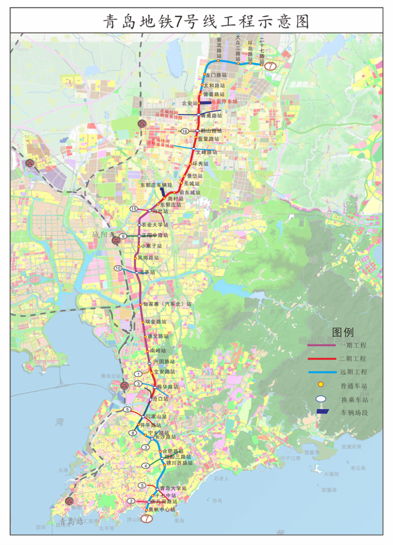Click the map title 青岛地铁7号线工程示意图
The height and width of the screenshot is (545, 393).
coord(206,21)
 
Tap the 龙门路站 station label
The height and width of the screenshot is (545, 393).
coord(216,75)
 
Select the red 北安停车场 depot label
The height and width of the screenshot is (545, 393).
coord(224,101)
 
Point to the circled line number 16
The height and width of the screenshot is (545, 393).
coord(185,131)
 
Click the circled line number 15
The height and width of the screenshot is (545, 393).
coord(134,209)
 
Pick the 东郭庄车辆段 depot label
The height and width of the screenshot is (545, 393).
coord(156,185)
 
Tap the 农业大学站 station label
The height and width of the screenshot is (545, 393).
coord(155,225)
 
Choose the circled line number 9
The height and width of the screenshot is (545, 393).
coord(123,236)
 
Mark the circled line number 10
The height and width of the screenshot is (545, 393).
coord(118,268)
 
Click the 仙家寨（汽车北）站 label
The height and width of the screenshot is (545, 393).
coord(167,304)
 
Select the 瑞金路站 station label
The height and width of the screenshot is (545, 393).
coord(156,321)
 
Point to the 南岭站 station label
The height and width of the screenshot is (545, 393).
coord(158,350)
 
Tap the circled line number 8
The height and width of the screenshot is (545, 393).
coord(133,433)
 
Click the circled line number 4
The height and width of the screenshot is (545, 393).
coord(146,466)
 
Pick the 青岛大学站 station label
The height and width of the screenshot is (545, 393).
coord(173,488)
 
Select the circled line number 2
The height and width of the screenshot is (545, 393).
coord(131,501)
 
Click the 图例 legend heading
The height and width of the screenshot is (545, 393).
coord(343,332)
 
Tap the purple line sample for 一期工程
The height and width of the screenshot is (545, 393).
coord(321,345)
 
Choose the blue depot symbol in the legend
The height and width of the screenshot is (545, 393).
coord(322,411)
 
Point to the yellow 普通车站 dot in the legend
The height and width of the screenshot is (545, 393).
coord(321,384)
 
